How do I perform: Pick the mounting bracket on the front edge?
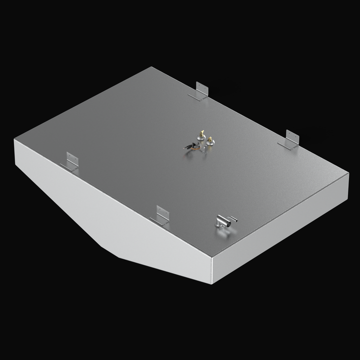(x=161, y=214)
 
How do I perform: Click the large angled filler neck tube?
(x=222, y=222)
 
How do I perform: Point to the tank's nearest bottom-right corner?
(x=212, y=283)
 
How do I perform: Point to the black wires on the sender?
(x=188, y=147)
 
